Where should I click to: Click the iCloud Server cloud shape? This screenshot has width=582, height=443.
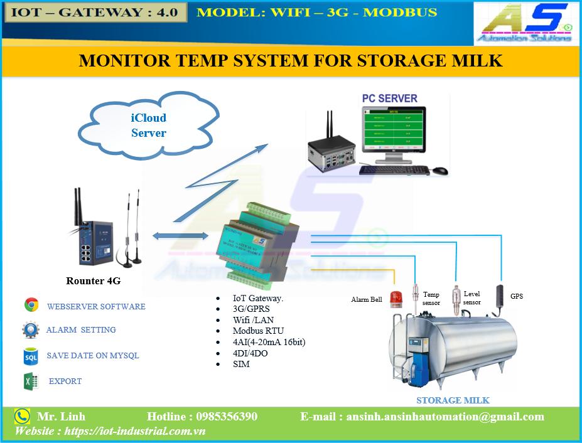coord(148,125)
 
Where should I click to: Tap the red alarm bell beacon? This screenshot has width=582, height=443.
coord(396,298)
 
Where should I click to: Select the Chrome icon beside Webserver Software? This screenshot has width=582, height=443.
coord(31,306)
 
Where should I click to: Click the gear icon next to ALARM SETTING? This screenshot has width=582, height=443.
coord(30,330)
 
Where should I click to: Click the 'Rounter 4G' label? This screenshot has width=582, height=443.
coord(93,281)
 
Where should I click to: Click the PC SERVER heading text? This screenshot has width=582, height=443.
coord(389,99)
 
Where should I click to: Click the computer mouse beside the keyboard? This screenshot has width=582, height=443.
coord(440,170)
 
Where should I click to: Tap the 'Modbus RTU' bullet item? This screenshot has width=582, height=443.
coord(258,331)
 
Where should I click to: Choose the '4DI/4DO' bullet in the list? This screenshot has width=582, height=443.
coord(250,353)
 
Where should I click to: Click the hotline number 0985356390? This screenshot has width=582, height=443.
coord(227,417)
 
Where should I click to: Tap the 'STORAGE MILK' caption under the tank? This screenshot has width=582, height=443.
coord(453,400)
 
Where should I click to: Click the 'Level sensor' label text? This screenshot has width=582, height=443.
coord(472,298)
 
